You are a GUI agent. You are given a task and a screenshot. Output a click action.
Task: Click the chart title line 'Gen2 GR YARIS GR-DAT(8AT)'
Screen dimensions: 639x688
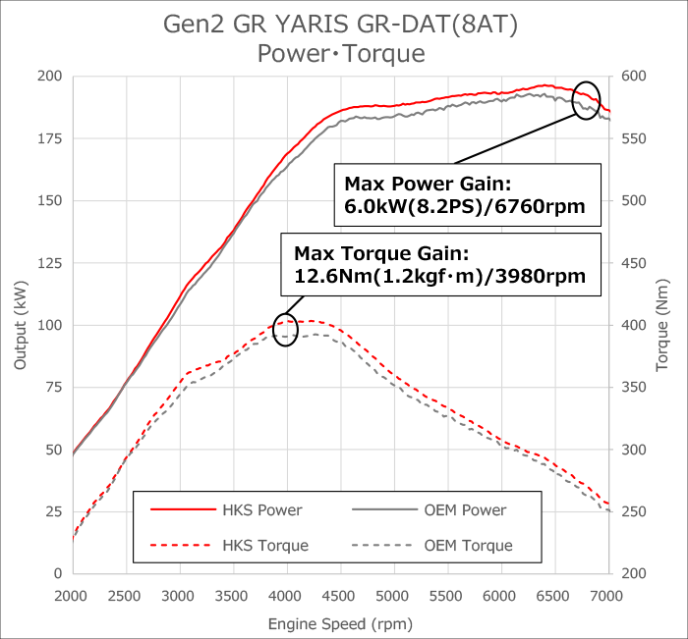click(341, 23)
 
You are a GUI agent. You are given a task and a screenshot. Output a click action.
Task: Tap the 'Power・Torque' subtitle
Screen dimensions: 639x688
click(341, 53)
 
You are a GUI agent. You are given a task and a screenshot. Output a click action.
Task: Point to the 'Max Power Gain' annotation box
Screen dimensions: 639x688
click(466, 194)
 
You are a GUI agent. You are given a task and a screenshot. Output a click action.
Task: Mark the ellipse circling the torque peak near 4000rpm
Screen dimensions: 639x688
click(285, 329)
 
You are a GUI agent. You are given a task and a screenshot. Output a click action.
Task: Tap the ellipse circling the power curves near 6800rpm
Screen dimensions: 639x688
click(586, 100)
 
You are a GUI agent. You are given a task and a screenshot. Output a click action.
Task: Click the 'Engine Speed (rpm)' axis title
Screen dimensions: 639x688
click(340, 623)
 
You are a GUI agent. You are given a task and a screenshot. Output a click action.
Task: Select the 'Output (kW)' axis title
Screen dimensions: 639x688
click(20, 324)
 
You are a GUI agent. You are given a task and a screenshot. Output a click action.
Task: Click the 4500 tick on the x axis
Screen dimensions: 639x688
click(339, 596)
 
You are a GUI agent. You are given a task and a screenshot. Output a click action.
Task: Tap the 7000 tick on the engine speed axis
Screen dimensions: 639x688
click(608, 596)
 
